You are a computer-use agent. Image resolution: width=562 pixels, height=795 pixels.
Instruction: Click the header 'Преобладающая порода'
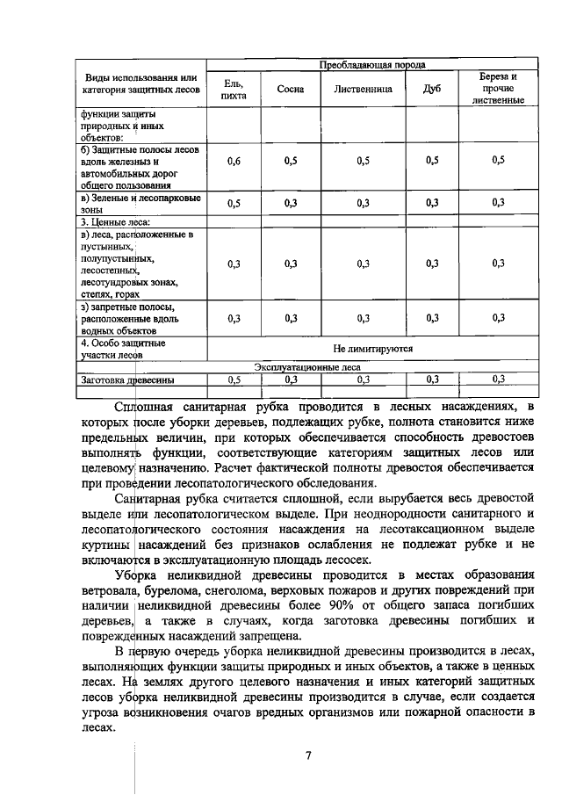(x=372, y=64)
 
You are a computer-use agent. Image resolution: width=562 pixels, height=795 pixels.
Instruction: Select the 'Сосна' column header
(x=290, y=89)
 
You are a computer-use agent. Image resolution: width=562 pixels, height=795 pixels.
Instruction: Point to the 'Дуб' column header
(x=431, y=89)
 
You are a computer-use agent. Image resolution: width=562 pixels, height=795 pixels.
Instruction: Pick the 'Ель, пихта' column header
(x=234, y=89)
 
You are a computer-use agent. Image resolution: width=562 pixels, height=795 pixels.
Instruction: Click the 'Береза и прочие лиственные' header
(x=498, y=88)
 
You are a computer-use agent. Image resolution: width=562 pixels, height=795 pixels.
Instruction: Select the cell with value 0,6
(x=234, y=161)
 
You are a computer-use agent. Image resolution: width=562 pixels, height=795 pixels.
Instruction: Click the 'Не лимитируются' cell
(x=372, y=349)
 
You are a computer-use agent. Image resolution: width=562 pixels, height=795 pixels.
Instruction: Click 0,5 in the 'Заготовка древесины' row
(x=234, y=379)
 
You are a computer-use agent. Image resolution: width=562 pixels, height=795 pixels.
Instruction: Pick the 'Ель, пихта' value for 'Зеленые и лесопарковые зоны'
(x=234, y=203)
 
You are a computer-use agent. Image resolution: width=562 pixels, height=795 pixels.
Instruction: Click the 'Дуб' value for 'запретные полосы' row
(x=431, y=319)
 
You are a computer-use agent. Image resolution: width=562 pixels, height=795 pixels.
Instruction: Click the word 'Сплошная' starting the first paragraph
(x=148, y=407)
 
